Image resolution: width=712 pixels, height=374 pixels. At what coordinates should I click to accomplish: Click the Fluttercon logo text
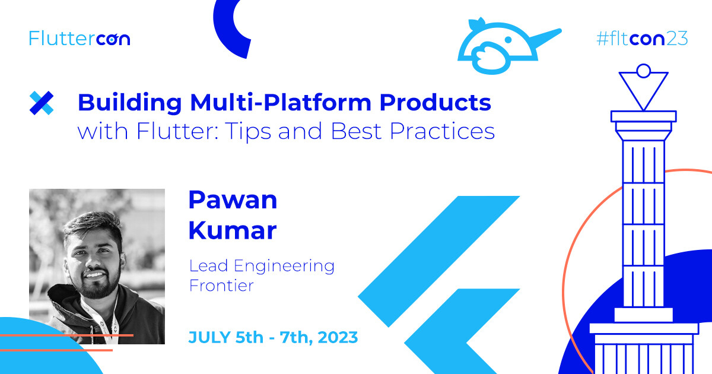tap(80, 39)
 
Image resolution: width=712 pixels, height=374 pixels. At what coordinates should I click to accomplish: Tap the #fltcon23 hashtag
tap(642, 39)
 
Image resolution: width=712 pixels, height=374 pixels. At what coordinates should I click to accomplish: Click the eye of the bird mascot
tap(508, 40)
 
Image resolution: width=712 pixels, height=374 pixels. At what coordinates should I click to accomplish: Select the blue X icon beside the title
tap(42, 103)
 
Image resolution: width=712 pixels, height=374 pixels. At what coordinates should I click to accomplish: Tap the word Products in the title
tap(435, 102)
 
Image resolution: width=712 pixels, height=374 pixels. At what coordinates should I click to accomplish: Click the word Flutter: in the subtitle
tap(177, 131)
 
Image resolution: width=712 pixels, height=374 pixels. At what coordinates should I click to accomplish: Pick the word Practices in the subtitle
tap(442, 131)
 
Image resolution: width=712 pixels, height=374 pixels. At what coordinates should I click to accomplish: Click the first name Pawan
tap(233, 200)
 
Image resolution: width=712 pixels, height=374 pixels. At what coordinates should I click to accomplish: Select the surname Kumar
tap(233, 230)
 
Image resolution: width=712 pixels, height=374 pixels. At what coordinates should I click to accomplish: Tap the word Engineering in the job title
tap(284, 267)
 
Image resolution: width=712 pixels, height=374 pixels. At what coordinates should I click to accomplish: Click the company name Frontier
tap(221, 286)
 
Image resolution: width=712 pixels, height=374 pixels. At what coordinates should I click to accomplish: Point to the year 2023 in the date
tap(338, 337)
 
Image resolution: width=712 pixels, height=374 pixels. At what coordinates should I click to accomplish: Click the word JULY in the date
tap(209, 337)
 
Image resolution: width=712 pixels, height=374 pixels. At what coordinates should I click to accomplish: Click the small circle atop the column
tap(644, 71)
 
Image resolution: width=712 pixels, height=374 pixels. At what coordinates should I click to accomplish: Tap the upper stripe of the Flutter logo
tap(438, 261)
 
